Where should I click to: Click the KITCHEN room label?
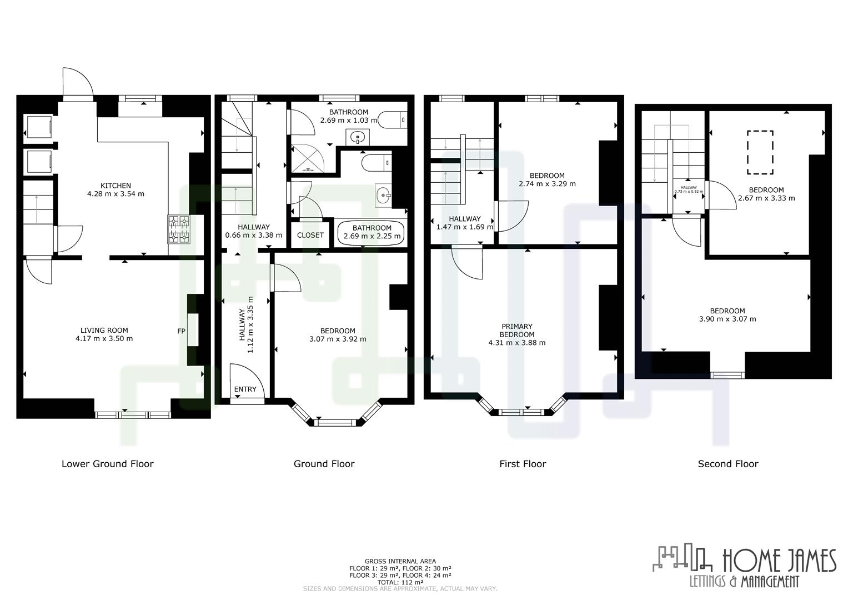click(x=116, y=186)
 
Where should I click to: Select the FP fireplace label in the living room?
click(x=181, y=332)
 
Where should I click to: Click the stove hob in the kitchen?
click(x=178, y=230)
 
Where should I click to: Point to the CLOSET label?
click(x=310, y=235)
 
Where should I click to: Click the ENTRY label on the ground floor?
click(x=245, y=389)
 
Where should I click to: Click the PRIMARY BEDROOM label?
click(x=516, y=331)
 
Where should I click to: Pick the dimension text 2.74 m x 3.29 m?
click(x=547, y=184)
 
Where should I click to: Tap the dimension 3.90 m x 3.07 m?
click(x=727, y=319)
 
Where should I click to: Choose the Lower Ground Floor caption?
click(x=107, y=464)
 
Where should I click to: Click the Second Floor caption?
click(x=727, y=464)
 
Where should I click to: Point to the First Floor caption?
click(x=523, y=464)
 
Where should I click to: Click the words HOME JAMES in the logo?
click(x=779, y=561)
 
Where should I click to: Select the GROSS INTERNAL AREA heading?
click(x=400, y=561)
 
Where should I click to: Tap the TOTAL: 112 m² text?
click(x=400, y=582)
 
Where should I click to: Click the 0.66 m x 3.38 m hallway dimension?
click(x=253, y=235)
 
